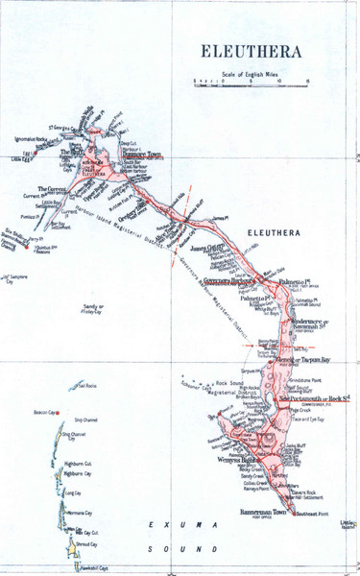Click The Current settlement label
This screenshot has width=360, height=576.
[x=50, y=190]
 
